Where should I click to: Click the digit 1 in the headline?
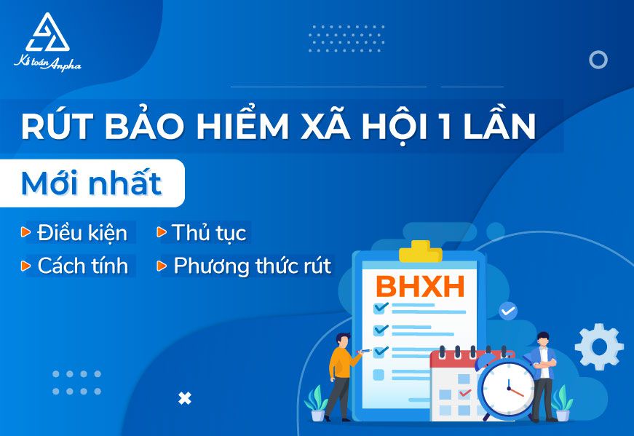point(445,126)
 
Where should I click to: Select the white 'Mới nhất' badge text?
point(92,183)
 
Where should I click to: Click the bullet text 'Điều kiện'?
point(82,233)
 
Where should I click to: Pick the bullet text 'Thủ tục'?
point(209,233)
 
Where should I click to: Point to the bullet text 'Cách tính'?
point(83,266)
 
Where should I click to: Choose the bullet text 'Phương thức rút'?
point(253,266)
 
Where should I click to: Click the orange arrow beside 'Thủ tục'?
point(162,232)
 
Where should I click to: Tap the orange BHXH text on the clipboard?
point(421,287)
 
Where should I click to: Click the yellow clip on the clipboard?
point(421,252)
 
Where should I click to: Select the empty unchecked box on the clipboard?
point(379,375)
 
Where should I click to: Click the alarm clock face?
point(509,389)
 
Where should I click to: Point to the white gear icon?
point(599,346)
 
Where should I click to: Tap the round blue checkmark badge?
point(508,311)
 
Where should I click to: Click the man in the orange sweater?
point(341,377)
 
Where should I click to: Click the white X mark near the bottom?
point(185,399)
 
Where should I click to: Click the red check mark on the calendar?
point(465,392)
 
